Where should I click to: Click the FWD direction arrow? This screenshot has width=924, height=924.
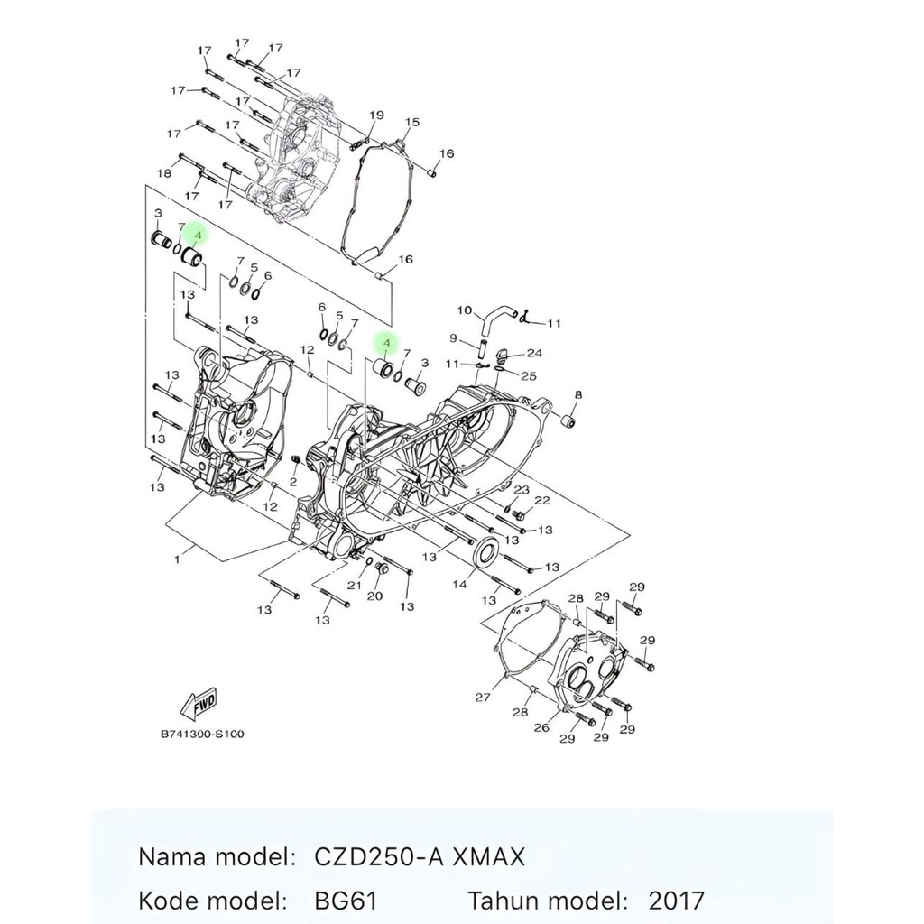199,704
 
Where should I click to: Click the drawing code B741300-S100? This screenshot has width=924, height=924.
202,735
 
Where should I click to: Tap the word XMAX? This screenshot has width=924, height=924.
488,856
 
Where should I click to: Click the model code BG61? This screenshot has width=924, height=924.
346,901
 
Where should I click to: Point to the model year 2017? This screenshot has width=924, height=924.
677,901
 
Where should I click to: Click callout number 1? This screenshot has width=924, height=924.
177,559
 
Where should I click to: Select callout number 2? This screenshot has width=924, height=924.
293,483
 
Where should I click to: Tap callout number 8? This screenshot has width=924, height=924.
578,394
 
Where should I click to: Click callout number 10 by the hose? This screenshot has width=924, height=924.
465,310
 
